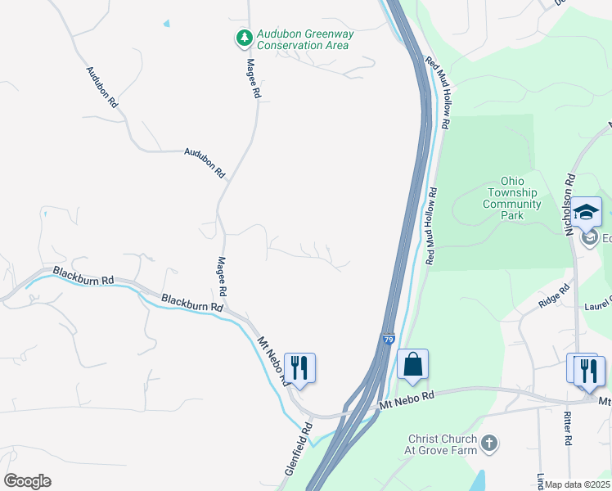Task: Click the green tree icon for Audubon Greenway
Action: (x=243, y=38)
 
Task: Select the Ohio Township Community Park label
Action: (x=512, y=198)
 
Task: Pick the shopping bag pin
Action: (x=412, y=365)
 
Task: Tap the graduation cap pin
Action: (x=586, y=213)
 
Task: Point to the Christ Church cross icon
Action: (x=488, y=444)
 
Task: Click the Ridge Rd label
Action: (x=554, y=296)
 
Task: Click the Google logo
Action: (x=26, y=481)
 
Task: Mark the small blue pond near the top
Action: (x=167, y=23)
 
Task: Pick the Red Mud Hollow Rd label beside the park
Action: (x=430, y=225)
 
